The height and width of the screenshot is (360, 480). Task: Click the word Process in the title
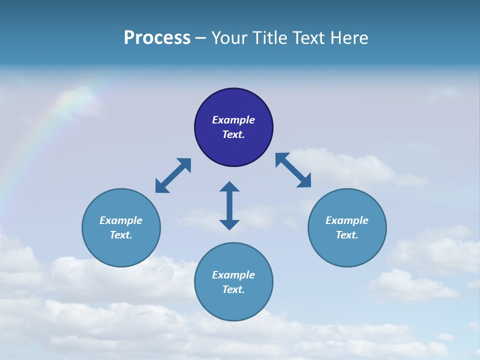157,38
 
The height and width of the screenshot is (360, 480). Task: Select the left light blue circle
121,250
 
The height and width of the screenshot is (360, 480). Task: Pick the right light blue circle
347,250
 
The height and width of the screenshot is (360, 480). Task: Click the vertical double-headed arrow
229,205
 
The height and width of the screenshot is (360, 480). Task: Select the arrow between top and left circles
173,175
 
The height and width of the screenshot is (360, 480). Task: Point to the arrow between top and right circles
293,170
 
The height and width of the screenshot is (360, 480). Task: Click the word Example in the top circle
233,120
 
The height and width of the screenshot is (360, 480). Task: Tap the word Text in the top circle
233,134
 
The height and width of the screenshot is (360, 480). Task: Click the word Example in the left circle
121,220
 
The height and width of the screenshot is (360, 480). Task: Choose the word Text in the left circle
120,235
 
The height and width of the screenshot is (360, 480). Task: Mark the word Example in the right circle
347,220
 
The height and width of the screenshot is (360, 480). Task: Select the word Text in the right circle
346,235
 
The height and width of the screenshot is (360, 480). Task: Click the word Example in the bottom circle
233,275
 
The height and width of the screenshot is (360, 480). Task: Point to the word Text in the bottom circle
233,289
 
